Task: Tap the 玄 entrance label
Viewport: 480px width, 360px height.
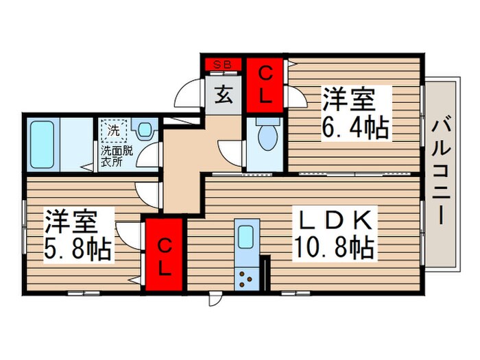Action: point(224,94)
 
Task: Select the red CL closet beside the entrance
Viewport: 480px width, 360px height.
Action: point(266,84)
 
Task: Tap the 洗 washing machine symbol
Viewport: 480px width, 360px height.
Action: point(113,129)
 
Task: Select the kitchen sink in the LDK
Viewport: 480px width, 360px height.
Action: point(245,237)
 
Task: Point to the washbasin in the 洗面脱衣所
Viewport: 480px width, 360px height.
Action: point(145,130)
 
